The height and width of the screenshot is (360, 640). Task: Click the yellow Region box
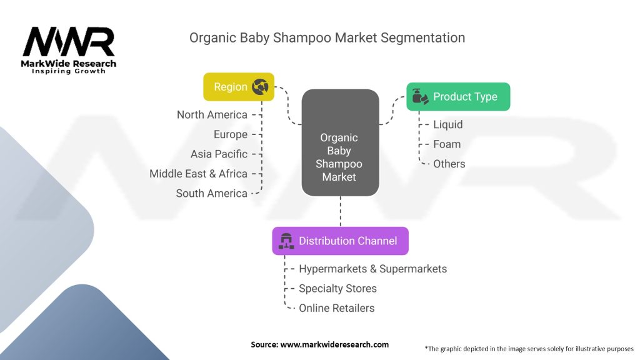(239, 87)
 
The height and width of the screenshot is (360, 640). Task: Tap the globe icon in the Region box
(260, 86)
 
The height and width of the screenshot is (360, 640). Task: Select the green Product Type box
(458, 97)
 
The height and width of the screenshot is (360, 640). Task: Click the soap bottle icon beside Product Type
(419, 97)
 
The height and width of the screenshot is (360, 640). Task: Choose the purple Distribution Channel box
(341, 241)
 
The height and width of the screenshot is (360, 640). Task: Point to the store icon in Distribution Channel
(286, 241)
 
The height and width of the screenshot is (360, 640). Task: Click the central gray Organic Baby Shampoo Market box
(341, 142)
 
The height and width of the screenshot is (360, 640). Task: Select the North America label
(212, 115)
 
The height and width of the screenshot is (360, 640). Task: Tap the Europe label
(231, 134)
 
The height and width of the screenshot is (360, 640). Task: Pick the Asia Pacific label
(219, 154)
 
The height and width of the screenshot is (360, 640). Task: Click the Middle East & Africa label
(198, 174)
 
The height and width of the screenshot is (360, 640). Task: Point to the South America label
(211, 193)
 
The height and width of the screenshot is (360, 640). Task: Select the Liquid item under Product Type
(447, 124)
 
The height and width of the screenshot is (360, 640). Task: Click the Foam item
(447, 144)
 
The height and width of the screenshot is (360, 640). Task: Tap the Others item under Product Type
(449, 164)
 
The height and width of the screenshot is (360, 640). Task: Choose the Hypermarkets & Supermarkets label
(372, 269)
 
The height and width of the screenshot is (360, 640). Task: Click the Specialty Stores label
(337, 288)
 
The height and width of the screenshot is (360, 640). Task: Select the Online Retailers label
(336, 307)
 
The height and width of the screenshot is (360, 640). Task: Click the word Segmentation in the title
(422, 37)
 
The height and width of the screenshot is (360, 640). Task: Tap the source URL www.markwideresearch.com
(334, 344)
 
